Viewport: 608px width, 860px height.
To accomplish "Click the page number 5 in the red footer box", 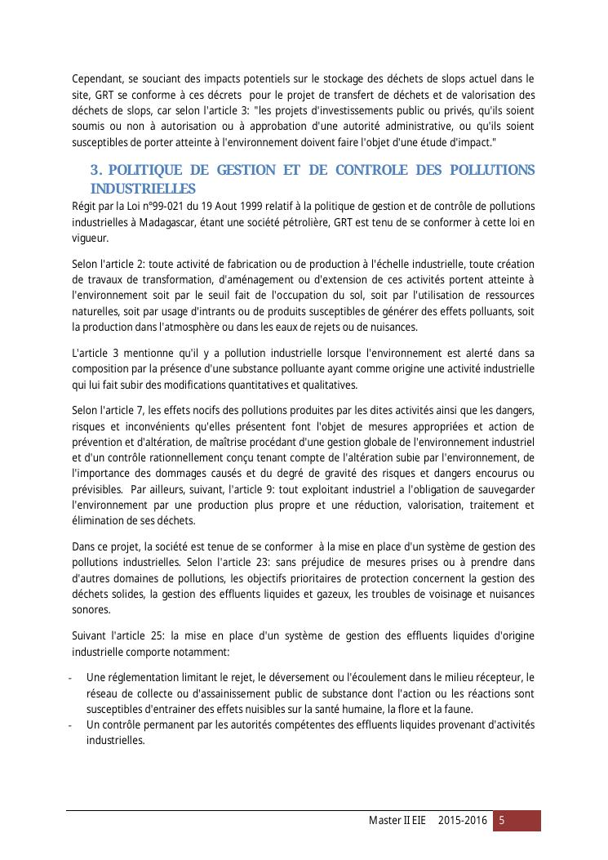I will point(503,820).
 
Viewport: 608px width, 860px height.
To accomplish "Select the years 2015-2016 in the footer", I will point(462,820).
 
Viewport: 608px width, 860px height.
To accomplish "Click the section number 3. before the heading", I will point(96,170).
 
